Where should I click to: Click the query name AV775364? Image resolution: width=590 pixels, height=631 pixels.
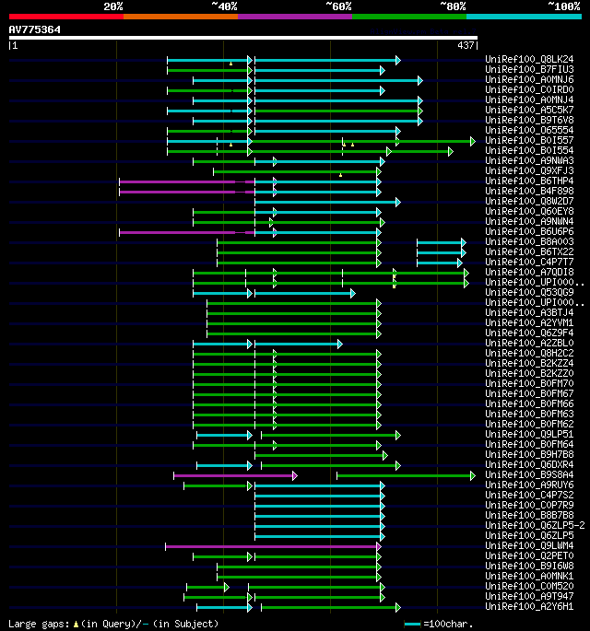[x=35, y=29]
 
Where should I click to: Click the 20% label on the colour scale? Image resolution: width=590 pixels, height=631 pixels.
[x=113, y=6]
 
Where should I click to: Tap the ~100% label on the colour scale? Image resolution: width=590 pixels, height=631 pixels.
[x=563, y=6]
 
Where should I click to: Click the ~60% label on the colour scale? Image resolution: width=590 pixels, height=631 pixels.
[x=338, y=6]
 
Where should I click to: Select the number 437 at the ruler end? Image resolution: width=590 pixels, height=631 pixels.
[x=466, y=45]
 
